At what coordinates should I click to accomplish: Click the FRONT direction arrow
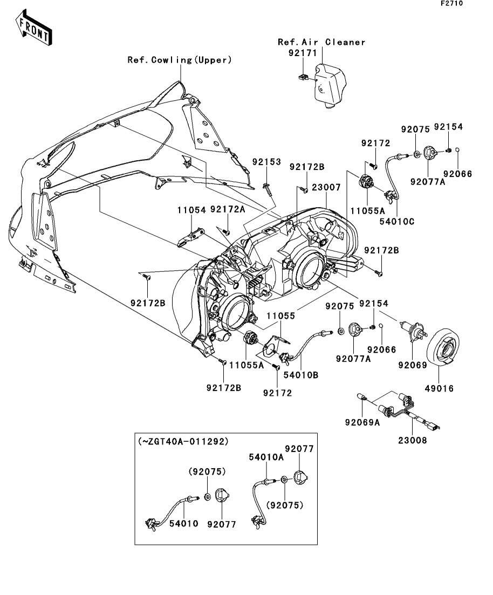(x=34, y=29)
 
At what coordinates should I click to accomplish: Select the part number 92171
(x=303, y=53)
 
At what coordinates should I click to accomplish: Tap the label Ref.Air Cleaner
(x=321, y=42)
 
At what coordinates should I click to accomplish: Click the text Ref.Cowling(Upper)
(x=180, y=60)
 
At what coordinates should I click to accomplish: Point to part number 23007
(x=326, y=188)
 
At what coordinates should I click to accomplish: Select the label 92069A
(x=362, y=422)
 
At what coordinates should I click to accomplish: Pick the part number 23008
(x=413, y=440)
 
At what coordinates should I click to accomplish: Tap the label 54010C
(x=397, y=221)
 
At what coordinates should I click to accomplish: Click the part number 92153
(x=267, y=162)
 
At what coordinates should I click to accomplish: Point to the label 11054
(x=191, y=210)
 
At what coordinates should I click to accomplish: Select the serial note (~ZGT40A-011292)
(x=184, y=441)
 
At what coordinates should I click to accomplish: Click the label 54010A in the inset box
(x=266, y=457)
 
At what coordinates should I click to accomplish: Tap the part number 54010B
(x=301, y=375)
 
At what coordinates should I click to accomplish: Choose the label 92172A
(x=228, y=209)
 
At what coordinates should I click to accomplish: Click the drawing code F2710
(x=451, y=3)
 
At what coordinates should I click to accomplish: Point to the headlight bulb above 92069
(x=413, y=330)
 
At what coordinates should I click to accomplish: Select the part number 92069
(x=413, y=365)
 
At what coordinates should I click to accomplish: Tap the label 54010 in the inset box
(x=184, y=524)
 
